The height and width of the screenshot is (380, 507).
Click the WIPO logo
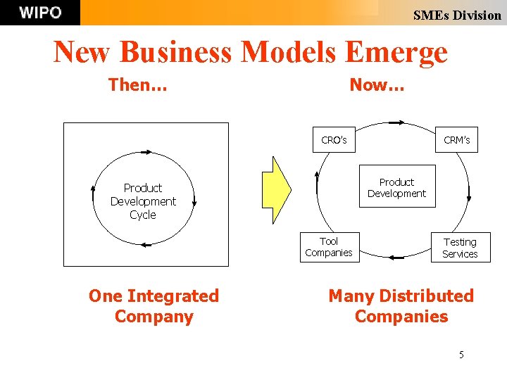40,13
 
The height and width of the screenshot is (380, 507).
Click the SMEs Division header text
456,15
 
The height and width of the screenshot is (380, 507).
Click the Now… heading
377,85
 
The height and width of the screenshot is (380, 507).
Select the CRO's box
334,140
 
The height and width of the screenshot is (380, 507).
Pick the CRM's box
456,140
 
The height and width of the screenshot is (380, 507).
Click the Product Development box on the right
396,188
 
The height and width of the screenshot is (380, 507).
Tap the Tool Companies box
329,247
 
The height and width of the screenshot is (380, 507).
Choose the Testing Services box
460,248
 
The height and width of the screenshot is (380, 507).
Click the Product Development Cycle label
143,201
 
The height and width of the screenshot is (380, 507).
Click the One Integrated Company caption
154,306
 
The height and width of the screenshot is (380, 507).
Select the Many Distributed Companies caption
401,306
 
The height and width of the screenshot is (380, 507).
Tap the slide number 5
461,355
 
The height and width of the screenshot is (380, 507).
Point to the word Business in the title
176,52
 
